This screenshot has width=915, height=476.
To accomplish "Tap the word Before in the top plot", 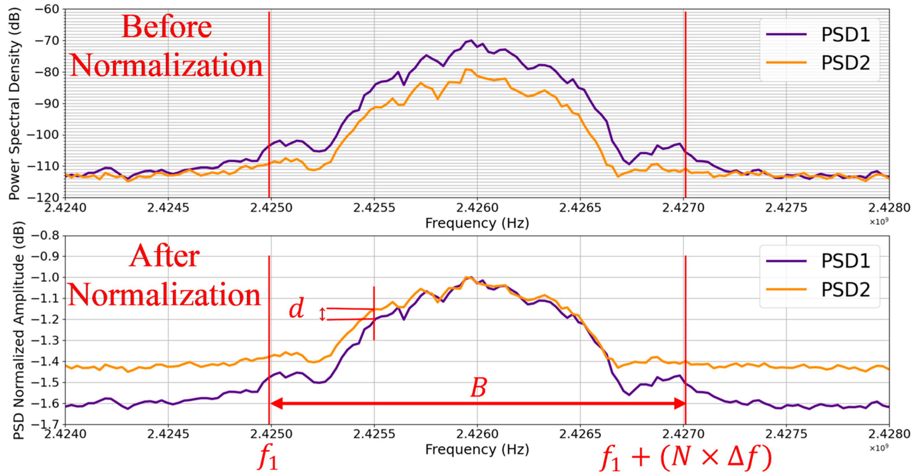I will pos(167,27).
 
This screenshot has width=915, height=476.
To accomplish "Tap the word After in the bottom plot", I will pos(164,256).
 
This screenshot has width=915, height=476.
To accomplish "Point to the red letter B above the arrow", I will pos(478,388).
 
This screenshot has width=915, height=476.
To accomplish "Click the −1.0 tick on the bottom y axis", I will pos(46,277).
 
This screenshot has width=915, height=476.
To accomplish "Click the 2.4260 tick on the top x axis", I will pos(477,208).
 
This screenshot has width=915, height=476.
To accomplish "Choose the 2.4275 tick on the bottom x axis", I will pos(786,434).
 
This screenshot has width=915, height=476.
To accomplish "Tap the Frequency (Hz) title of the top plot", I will pos(477,223).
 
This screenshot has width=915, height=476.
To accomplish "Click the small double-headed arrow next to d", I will pos(322,314).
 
